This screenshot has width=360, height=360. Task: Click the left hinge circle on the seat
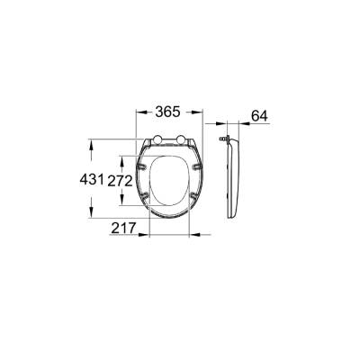[157, 140]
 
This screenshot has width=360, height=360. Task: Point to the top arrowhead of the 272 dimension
[125, 158]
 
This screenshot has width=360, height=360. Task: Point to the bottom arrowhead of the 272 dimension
[125, 206]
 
